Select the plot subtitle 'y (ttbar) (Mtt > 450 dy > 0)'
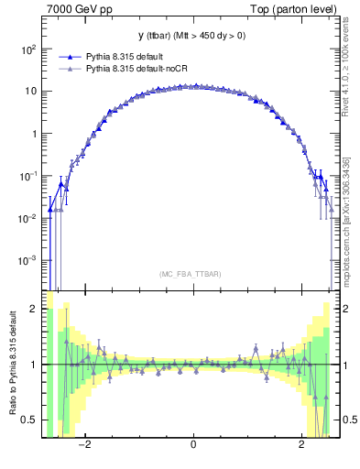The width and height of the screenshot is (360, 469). point(193,36)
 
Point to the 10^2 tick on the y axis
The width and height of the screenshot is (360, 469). point(27,49)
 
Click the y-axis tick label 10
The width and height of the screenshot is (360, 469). point(29,92)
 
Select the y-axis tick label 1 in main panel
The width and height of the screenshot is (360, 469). point(34,134)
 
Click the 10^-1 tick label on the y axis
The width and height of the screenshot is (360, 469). point(27,176)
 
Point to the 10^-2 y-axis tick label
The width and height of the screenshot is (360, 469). point(27,218)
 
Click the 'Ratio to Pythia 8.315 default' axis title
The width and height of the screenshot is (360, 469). point(11,366)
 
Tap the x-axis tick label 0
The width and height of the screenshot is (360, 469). point(193,445)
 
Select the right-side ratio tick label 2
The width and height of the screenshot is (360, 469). point(348,309)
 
